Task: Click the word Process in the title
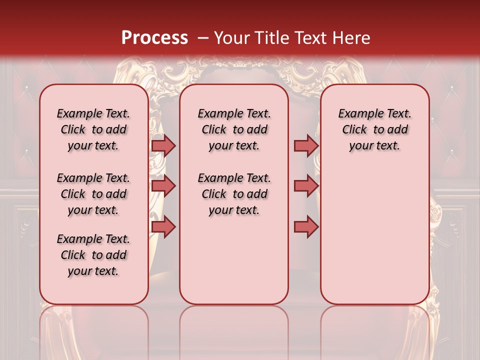tap(154, 38)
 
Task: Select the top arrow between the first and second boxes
tap(163, 145)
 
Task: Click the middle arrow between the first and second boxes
tap(163, 186)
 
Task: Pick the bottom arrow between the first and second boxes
tap(163, 226)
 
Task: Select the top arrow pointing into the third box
tap(306, 145)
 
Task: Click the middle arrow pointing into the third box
tap(306, 186)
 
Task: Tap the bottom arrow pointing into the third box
tap(306, 226)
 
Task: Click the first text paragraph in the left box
tap(93, 129)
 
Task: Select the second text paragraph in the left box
tap(93, 194)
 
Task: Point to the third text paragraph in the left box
tap(93, 255)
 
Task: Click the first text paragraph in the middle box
tap(234, 129)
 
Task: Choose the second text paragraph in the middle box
tap(234, 194)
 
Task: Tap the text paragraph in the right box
tap(375, 129)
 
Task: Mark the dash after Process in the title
tap(203, 38)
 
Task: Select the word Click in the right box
tap(354, 130)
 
